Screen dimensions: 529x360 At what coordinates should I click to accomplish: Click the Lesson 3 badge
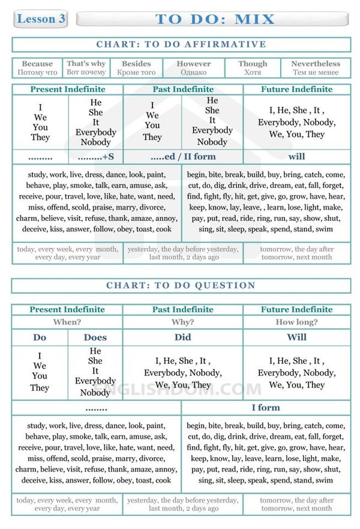[x=41, y=19]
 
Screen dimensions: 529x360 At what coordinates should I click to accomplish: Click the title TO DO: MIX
[x=215, y=19]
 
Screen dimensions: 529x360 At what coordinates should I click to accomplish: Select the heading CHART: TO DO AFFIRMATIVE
[x=181, y=44]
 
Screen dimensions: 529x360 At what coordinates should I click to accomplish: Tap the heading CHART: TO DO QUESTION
[x=181, y=286]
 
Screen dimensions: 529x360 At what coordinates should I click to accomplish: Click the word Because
[x=37, y=64]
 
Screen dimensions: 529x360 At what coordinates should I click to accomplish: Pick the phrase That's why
[x=86, y=64]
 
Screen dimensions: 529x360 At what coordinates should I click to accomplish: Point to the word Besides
[x=136, y=64]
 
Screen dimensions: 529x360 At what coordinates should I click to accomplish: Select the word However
[x=194, y=64]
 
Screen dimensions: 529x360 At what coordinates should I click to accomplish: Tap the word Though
[x=253, y=64]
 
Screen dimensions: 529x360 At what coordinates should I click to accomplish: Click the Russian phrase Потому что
[x=37, y=73]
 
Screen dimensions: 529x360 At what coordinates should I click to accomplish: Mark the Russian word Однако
[x=194, y=73]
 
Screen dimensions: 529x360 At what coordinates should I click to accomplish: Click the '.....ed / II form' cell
[x=182, y=157]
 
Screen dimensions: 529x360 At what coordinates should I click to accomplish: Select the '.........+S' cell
[x=95, y=157]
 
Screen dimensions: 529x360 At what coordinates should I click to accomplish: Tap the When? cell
[x=67, y=322]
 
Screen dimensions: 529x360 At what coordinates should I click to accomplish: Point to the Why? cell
[x=182, y=322]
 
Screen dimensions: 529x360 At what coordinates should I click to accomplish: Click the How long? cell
[x=296, y=322]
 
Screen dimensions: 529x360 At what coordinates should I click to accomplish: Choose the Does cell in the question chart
[x=95, y=337]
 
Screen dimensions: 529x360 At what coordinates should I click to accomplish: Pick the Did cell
[x=182, y=337]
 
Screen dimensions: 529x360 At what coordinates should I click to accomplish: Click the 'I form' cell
[x=266, y=408]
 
